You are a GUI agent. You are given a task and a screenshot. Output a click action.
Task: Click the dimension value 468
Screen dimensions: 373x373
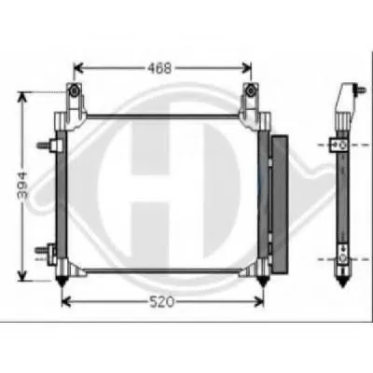click(159, 68)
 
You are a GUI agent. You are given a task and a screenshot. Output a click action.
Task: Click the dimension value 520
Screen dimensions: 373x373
click(161, 301)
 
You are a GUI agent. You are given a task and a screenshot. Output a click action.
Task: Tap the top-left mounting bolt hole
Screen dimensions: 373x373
click(75, 90)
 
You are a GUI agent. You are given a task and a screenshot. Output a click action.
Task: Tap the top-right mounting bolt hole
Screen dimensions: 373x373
click(250, 90)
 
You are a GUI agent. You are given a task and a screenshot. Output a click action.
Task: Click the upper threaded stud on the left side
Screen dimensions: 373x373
click(43, 145)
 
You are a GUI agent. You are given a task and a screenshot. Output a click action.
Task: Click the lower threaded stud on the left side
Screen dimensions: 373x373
click(41, 250)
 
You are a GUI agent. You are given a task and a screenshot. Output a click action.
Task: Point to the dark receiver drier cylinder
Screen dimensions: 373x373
click(280, 203)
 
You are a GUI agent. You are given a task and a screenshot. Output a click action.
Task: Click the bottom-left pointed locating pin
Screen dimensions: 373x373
click(62, 280)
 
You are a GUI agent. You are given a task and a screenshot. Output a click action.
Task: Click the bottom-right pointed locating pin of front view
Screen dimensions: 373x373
click(262, 280)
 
